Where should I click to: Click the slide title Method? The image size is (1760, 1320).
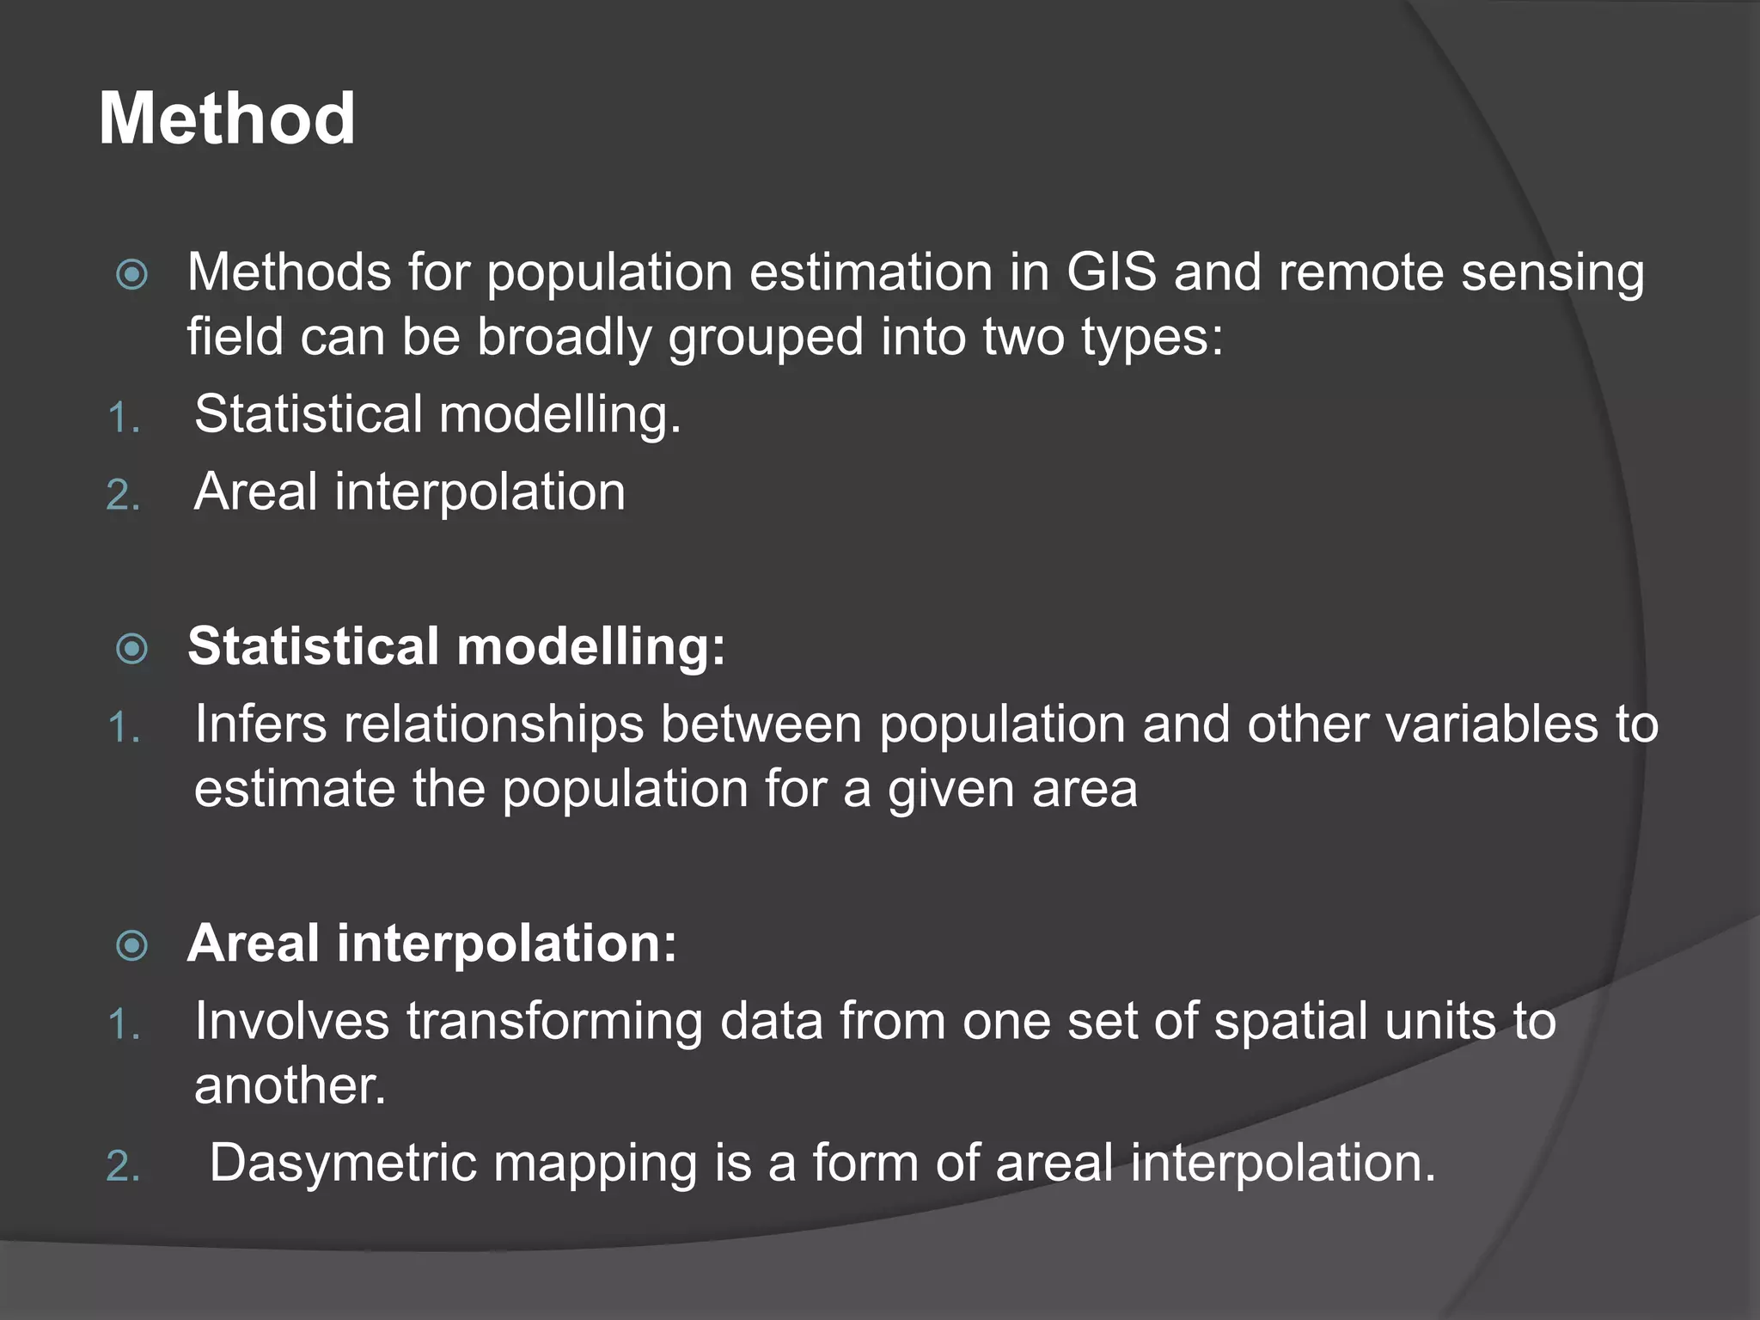(x=227, y=119)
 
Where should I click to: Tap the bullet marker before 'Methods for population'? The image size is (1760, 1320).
(x=132, y=275)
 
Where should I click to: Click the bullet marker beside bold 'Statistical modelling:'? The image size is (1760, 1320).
(x=132, y=649)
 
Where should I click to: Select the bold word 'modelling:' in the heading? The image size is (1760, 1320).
(x=591, y=646)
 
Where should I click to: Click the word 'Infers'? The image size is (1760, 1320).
(x=260, y=724)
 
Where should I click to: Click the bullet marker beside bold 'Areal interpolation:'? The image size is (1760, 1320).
(x=132, y=946)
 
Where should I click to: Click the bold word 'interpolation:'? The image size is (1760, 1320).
(x=507, y=944)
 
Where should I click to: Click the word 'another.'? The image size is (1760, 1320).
(x=290, y=1085)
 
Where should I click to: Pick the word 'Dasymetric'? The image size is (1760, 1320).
(x=343, y=1164)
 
